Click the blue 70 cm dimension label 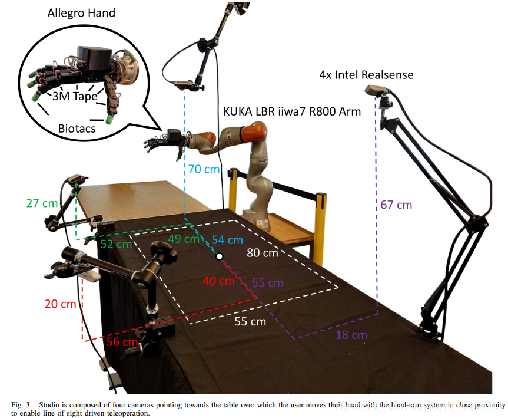203,169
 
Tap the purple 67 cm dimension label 396,205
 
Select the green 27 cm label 42,203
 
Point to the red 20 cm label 61,304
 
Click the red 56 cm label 122,341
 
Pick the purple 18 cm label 351,335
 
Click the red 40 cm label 218,281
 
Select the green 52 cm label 115,244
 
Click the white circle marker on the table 219,256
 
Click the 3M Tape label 75,97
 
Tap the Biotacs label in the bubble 77,128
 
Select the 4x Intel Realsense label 366,75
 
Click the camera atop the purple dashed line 377,90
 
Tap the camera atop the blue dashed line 187,87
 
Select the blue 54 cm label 227,240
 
